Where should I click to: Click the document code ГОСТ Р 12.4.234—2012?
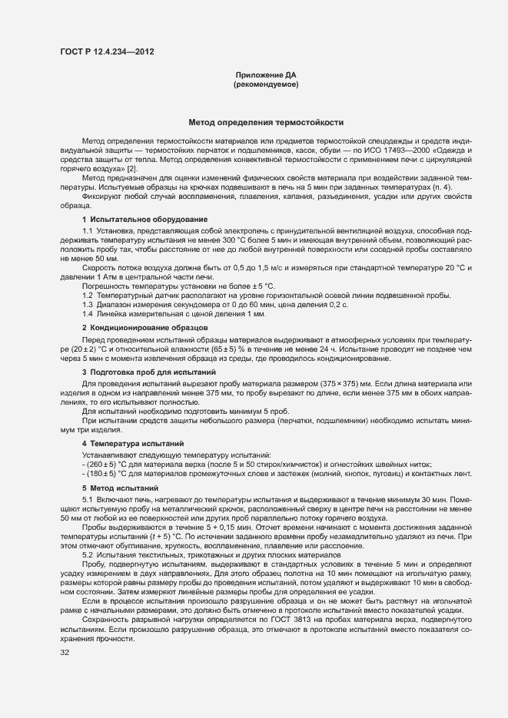point(111,51)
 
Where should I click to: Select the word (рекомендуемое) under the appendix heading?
point(266,84)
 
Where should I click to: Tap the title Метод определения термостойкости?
point(266,122)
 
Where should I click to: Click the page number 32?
point(65,653)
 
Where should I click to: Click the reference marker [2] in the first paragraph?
point(132,168)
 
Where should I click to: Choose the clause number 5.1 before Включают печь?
point(87,499)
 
